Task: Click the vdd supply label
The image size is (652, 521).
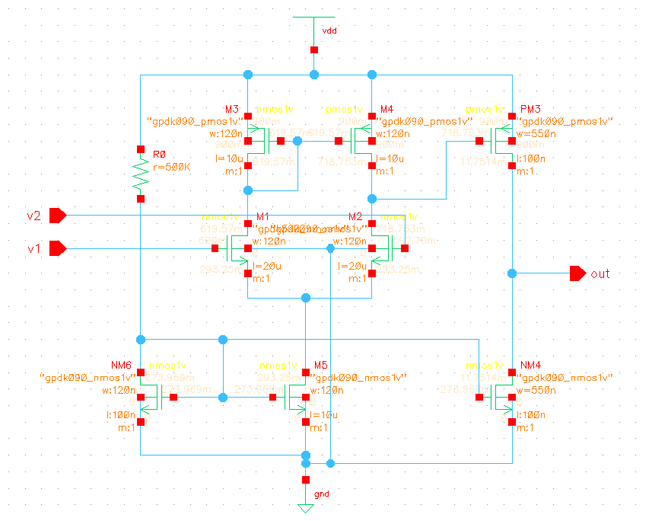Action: [x=329, y=30]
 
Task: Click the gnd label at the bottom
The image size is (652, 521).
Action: [x=322, y=494]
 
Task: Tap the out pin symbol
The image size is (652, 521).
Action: [x=577, y=273]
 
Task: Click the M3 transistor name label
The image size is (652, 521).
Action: [x=232, y=109]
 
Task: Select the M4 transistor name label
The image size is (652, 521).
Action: [x=386, y=109]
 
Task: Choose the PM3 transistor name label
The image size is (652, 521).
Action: [x=529, y=109]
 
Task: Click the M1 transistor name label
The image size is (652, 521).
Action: [x=264, y=216]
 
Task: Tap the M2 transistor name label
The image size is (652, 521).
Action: [x=355, y=216]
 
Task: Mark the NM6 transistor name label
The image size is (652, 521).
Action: [x=123, y=365]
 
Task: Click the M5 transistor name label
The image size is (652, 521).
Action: [x=321, y=365]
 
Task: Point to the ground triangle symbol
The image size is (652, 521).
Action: [x=306, y=508]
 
